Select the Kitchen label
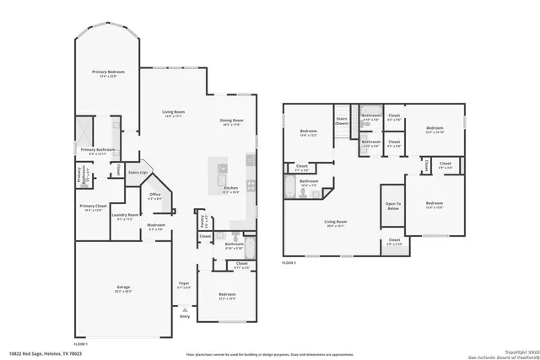point(230,189)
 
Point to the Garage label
point(123,287)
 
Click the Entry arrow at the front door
point(184,309)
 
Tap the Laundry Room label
point(124,216)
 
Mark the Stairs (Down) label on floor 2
point(342,121)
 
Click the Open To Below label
point(393,206)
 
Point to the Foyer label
point(184,283)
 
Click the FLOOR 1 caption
point(81,345)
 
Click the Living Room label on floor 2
point(337,223)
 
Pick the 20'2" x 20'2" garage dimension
point(123,292)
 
